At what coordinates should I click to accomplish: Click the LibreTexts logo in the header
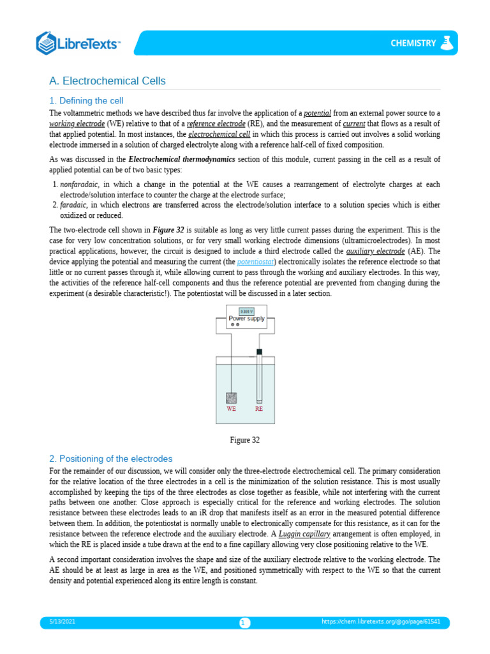[78, 43]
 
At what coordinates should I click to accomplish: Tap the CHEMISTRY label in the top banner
[414, 43]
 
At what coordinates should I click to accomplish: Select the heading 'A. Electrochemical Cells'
[107, 81]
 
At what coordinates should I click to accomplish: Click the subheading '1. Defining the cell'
[86, 101]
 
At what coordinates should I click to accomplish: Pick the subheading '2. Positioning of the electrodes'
[111, 459]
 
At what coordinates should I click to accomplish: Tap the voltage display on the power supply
[246, 311]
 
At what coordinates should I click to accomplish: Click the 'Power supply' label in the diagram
[246, 319]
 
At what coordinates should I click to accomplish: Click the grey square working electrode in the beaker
[232, 397]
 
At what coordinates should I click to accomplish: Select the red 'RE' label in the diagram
[259, 409]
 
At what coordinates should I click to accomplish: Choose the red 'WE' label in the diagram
[231, 409]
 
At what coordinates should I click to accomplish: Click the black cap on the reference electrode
[259, 352]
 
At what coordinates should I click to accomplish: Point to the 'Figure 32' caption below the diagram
[245, 440]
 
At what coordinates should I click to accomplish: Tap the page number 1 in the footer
[244, 623]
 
